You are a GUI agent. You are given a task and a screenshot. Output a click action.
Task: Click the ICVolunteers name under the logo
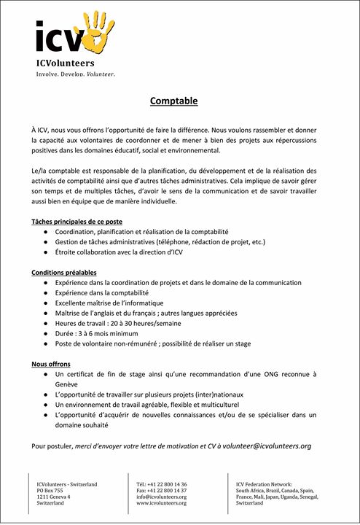point(66,63)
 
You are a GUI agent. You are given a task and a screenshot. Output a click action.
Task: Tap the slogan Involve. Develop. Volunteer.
point(76,74)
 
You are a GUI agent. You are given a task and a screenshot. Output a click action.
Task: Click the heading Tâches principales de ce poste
point(77,221)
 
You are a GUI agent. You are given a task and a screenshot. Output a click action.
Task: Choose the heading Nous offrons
point(50,363)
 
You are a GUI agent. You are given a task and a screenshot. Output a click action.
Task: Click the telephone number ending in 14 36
point(162,484)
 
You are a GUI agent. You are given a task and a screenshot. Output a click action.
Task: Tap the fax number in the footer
point(161,491)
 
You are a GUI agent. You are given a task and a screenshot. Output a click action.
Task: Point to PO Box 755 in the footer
point(50,491)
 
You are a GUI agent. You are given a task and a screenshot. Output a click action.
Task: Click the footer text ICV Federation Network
point(264,484)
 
